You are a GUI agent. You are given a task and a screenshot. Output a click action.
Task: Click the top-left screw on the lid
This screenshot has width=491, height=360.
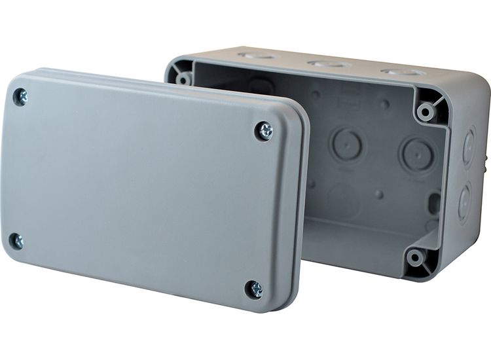pos(20,98)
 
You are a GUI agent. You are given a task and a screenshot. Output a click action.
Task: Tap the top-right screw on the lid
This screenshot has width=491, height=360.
pos(264,131)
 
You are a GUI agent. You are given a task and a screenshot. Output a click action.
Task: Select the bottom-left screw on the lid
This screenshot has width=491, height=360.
pos(16,240)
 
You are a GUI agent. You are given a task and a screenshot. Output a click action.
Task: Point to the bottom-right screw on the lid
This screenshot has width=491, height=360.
pos(253,289)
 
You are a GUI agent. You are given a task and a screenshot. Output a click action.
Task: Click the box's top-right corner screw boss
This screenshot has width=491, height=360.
pos(427,111)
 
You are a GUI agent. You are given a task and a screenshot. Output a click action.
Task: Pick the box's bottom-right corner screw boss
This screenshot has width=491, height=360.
pos(415,257)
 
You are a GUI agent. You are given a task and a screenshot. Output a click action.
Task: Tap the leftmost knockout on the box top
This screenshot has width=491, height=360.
pos(257,56)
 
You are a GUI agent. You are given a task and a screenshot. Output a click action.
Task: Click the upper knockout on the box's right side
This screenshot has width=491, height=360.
pos(469,147)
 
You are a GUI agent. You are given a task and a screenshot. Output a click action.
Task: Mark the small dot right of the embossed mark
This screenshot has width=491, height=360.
pos(385,104)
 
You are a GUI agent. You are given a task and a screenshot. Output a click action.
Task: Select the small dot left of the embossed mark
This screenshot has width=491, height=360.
pos(316,94)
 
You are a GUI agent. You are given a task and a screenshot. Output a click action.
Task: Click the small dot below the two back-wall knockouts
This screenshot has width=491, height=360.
pos(380,194)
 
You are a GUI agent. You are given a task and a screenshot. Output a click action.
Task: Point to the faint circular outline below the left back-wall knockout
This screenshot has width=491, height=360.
pos(343,200)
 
